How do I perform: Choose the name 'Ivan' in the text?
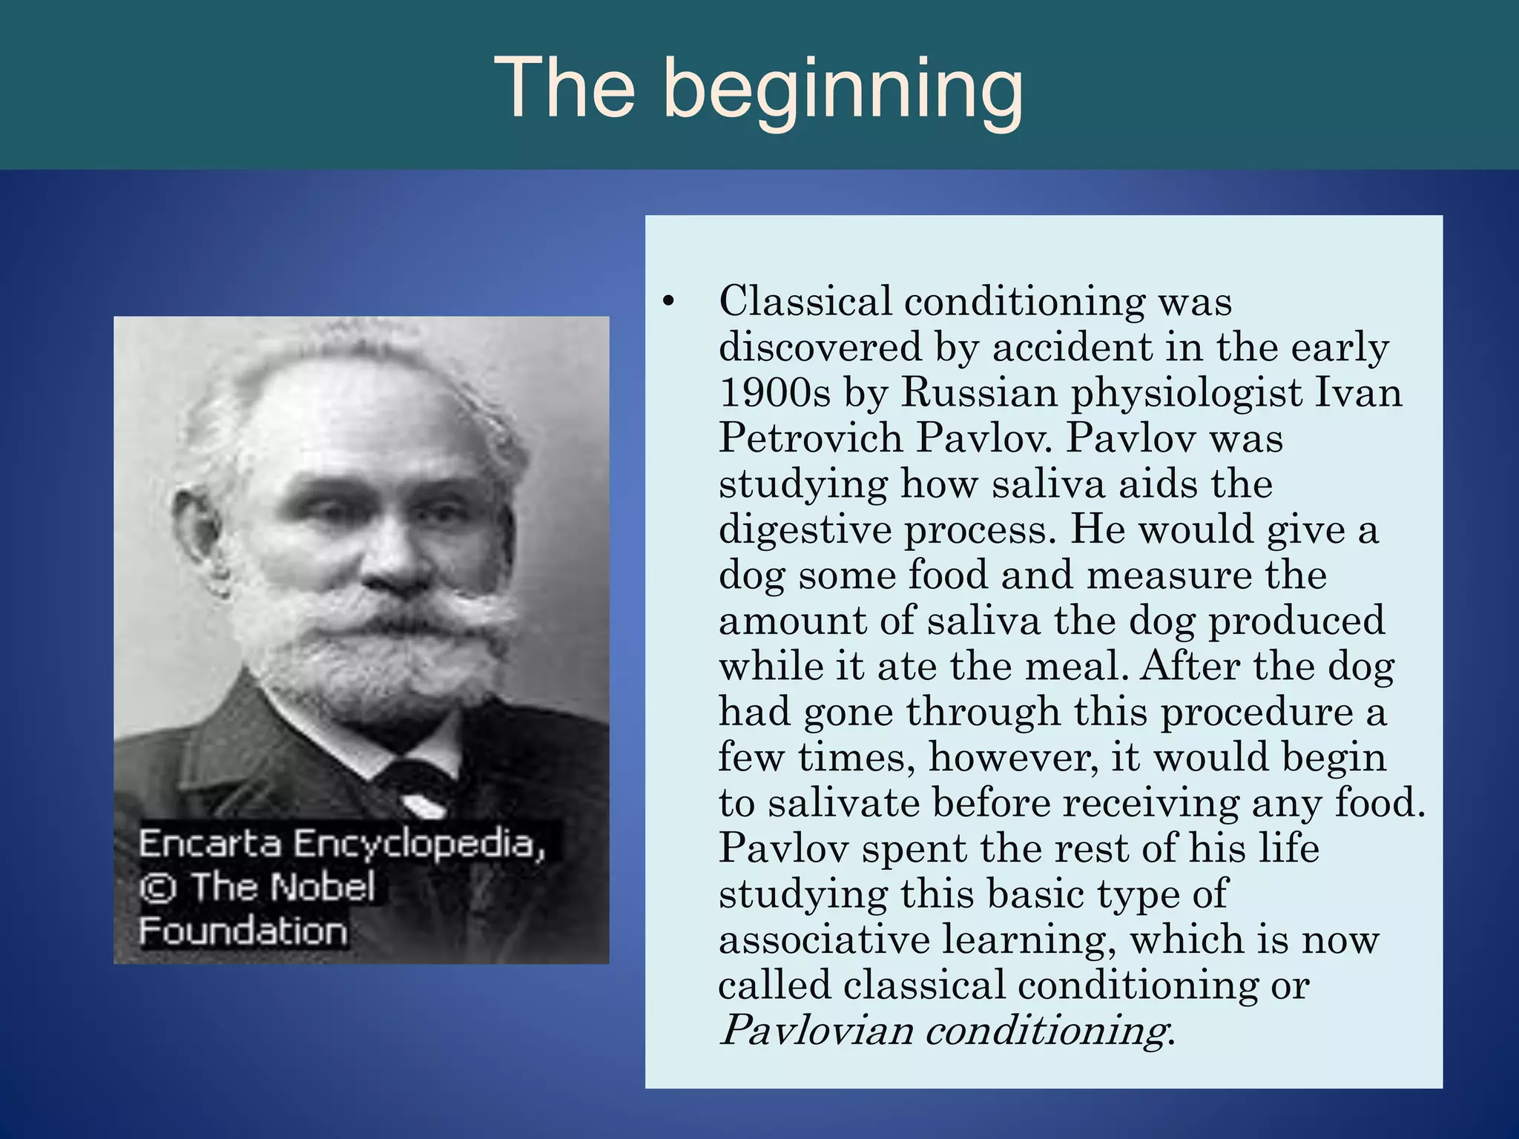click(1358, 392)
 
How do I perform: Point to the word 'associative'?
click(823, 940)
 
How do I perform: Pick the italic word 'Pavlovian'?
click(816, 1031)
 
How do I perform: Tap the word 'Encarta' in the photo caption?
click(210, 844)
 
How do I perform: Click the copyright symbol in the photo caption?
click(157, 888)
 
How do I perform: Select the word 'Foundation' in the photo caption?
click(243, 931)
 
